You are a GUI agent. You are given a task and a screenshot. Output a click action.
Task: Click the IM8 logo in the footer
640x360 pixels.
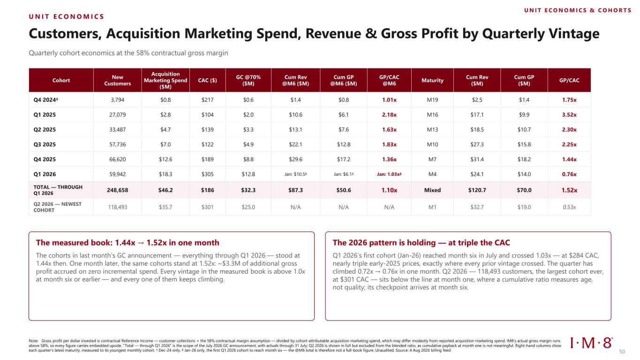point(591,343)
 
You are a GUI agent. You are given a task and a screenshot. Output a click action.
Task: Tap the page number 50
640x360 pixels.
point(622,352)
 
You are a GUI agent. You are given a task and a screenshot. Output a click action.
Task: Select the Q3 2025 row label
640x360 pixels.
point(45,144)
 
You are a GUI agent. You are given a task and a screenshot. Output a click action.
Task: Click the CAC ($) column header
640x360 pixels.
point(207,80)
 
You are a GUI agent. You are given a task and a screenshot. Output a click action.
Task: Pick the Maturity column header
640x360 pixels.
point(432,80)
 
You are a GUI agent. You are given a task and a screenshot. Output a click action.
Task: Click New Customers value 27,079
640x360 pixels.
point(117,114)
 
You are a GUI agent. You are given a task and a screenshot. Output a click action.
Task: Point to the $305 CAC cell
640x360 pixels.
point(207,174)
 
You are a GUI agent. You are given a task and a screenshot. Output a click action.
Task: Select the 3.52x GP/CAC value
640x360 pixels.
point(569,114)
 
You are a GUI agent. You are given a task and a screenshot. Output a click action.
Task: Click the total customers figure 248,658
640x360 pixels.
point(117,190)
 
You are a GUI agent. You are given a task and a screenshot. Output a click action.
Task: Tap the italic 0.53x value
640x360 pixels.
point(569,207)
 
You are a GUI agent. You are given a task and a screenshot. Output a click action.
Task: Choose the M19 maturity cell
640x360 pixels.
point(432,100)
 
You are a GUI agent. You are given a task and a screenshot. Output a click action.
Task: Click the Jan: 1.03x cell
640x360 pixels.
point(389,174)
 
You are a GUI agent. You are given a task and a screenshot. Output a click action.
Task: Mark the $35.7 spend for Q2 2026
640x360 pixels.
point(166,207)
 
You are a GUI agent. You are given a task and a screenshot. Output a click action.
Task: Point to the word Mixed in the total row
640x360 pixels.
point(432,190)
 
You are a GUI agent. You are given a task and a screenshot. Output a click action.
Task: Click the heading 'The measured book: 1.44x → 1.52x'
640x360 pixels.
point(128,242)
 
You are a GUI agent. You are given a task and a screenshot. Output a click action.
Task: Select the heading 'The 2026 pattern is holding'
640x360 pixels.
point(384,242)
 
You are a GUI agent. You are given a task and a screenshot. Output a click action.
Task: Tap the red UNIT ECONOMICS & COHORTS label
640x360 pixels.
point(578,10)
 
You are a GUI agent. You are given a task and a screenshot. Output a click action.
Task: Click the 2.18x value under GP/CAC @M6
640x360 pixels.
point(389,114)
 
